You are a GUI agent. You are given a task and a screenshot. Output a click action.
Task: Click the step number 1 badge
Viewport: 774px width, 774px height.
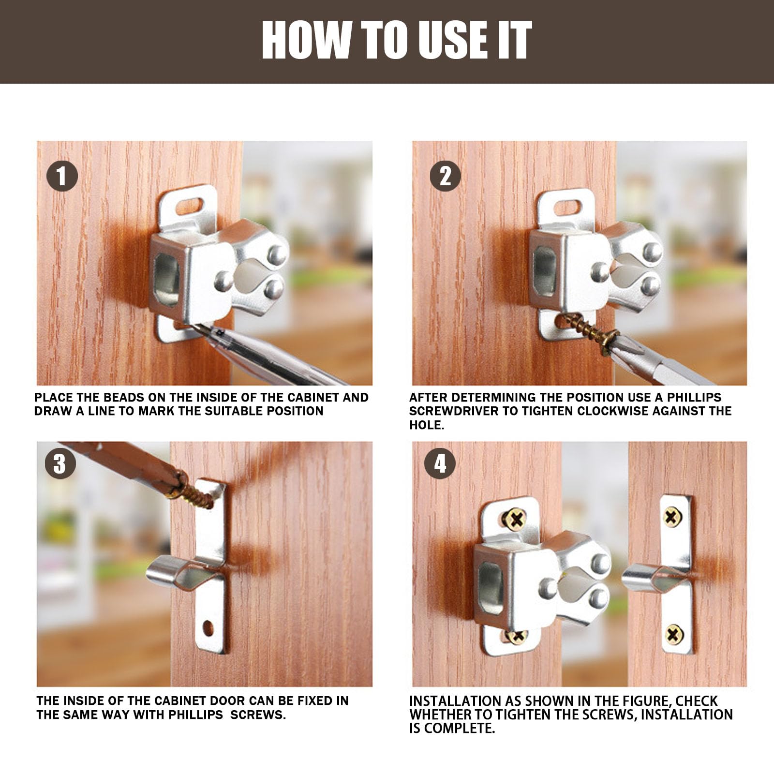(x=62, y=176)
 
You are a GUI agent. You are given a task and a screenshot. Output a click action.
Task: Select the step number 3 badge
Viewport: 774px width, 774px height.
(x=60, y=463)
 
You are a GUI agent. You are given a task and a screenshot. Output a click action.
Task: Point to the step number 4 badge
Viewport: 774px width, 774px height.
(x=440, y=463)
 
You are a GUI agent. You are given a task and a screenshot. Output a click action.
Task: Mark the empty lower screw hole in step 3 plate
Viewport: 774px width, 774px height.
(x=208, y=628)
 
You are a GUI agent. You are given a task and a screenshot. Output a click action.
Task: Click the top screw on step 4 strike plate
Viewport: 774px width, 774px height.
(x=673, y=518)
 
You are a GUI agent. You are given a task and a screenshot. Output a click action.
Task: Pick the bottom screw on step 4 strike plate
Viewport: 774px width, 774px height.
(x=674, y=634)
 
